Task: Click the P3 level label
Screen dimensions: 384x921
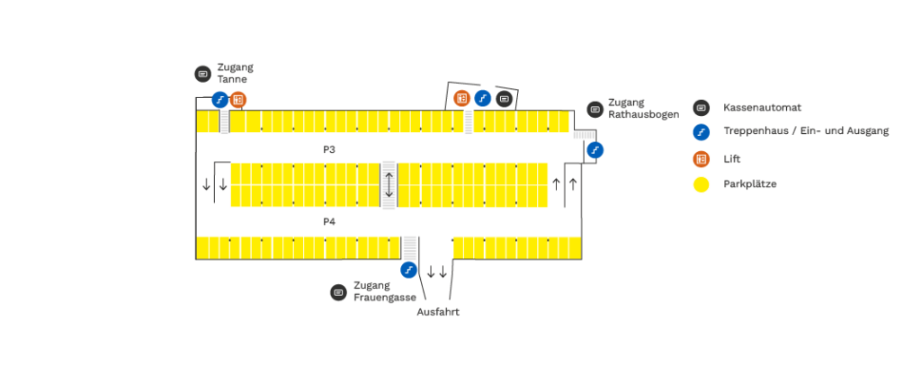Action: [329, 147]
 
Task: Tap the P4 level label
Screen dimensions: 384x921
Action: [329, 220]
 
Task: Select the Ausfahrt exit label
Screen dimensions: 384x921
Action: [438, 312]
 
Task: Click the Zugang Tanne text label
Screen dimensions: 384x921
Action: [235, 73]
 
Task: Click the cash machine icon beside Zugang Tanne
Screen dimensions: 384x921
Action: [202, 73]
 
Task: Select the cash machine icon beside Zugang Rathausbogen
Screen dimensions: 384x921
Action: [595, 110]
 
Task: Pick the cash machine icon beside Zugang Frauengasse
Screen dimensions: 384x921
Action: [338, 292]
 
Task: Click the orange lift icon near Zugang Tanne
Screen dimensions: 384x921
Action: [238, 100]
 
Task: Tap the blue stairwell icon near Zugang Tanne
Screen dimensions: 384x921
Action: [220, 100]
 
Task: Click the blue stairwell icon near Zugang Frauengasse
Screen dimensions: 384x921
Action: [408, 269]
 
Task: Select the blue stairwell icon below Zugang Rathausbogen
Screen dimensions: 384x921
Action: [595, 150]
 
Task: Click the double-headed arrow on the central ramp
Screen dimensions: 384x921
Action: [389, 184]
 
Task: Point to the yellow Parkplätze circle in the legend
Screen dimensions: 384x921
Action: [702, 184]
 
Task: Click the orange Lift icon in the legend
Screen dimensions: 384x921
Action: [702, 159]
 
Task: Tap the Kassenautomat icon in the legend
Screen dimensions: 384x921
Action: [702, 108]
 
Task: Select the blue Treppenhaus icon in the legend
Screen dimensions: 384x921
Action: [702, 132]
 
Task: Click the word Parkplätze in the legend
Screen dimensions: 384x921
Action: [749, 184]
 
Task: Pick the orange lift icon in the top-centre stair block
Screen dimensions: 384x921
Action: [462, 98]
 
